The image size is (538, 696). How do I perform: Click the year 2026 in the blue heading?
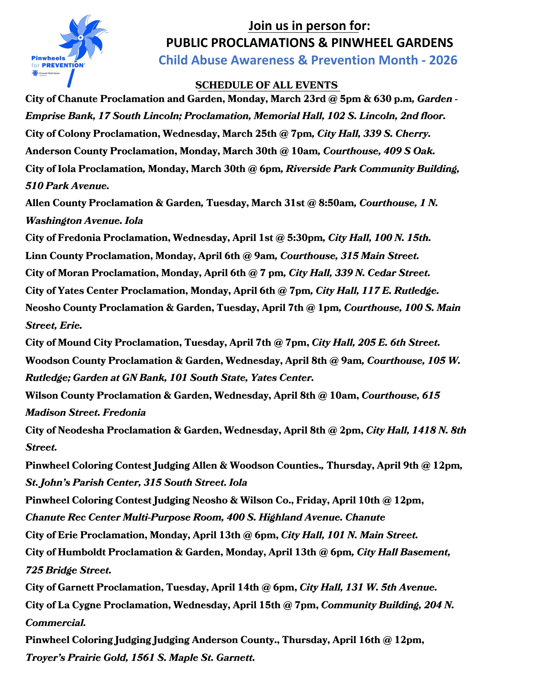(443, 60)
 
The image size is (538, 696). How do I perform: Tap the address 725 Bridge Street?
(68, 570)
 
